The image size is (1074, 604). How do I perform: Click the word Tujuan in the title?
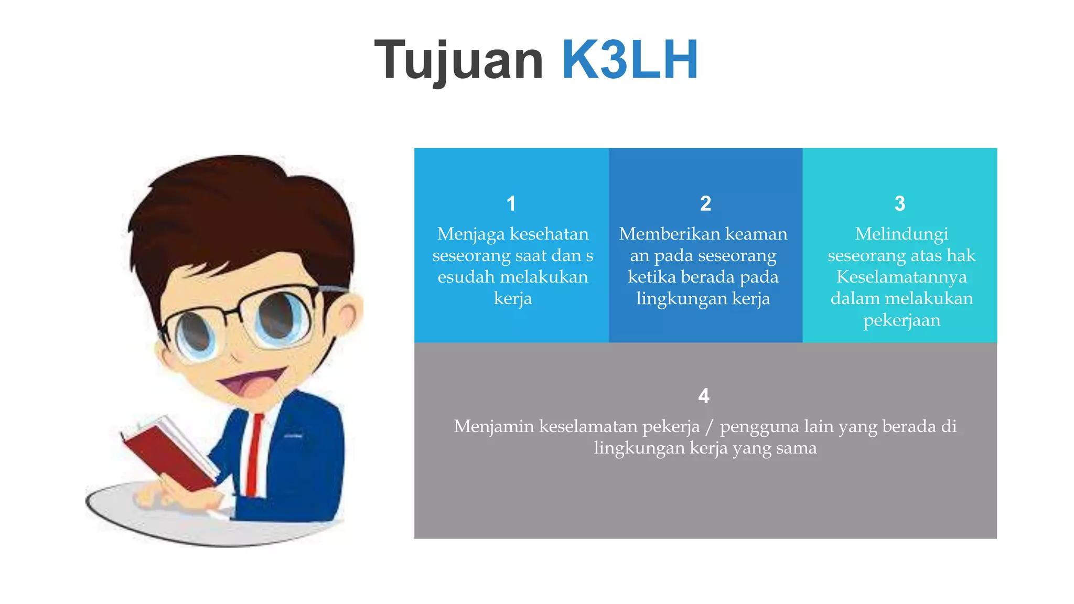pyautogui.click(x=459, y=60)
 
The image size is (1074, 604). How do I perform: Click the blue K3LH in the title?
pyautogui.click(x=629, y=60)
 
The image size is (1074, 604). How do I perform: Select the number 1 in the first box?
pyautogui.click(x=511, y=203)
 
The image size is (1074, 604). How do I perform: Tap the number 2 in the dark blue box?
pyautogui.click(x=705, y=203)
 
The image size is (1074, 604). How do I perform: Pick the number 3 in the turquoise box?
pyautogui.click(x=900, y=203)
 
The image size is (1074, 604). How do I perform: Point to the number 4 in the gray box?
pyautogui.click(x=704, y=396)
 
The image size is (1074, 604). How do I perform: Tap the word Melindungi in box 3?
pyautogui.click(x=901, y=234)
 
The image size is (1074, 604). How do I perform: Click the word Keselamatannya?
pyautogui.click(x=901, y=277)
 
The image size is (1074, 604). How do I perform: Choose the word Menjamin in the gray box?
pyautogui.click(x=493, y=426)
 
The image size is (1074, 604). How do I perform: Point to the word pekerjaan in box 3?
pyautogui.click(x=901, y=320)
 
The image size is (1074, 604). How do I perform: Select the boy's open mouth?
pyautogui.click(x=252, y=383)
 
